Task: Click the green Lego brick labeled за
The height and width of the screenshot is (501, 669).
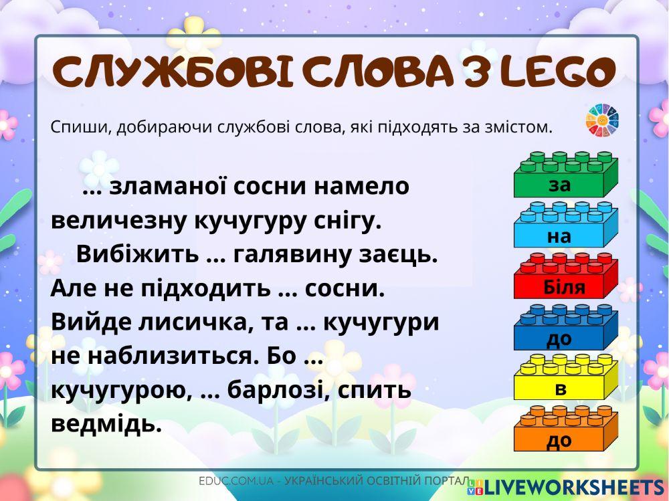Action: pos(565,176)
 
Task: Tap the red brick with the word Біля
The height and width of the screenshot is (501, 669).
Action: pos(565,277)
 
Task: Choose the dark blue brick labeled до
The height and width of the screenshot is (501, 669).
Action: pos(565,328)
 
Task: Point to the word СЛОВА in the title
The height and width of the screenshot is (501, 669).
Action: pos(365,72)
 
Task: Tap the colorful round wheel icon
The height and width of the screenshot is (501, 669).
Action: pos(603,120)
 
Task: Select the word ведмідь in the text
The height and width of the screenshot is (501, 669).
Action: pos(106,423)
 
